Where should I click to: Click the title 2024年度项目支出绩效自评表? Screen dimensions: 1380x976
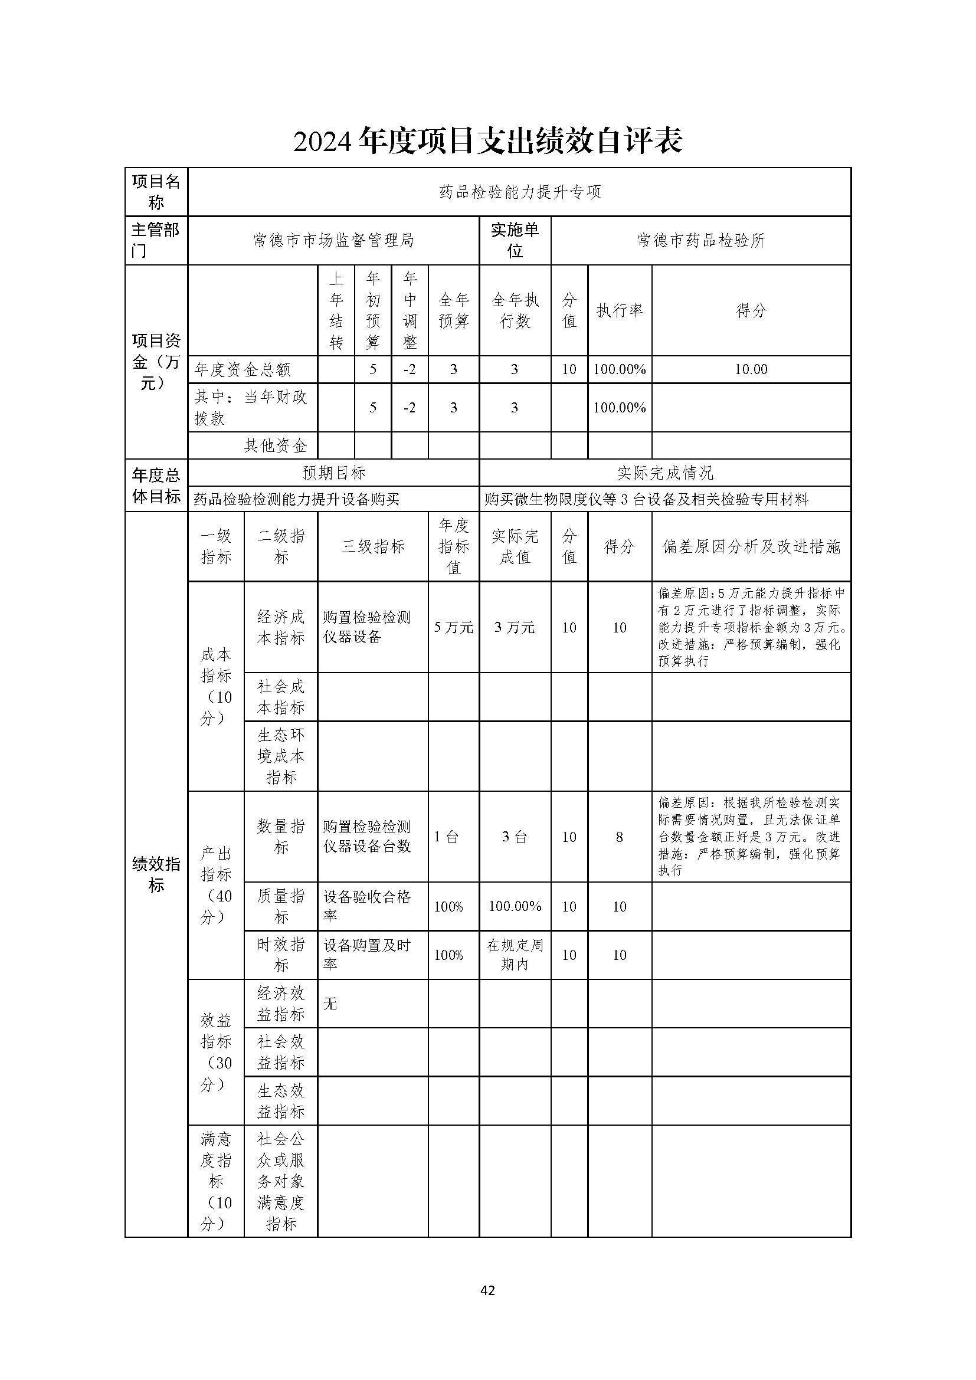pyautogui.click(x=487, y=142)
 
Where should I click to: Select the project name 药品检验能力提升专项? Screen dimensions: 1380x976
pyautogui.click(x=520, y=192)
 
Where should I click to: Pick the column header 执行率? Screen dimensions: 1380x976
pyautogui.click(x=620, y=311)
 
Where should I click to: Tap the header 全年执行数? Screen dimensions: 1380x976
pyautogui.click(x=515, y=311)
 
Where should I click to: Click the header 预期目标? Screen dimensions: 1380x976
pyautogui.click(x=333, y=473)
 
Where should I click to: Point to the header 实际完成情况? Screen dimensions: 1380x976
pyautogui.click(x=665, y=473)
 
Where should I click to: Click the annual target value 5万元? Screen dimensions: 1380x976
pyautogui.click(x=454, y=628)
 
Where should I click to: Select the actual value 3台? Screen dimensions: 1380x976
pyautogui.click(x=515, y=837)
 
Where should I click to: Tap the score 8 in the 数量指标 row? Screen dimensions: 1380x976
pyautogui.click(x=620, y=837)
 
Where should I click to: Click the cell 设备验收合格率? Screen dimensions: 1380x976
pyautogui.click(x=367, y=906)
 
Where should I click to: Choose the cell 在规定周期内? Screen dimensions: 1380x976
pyautogui.click(x=515, y=955)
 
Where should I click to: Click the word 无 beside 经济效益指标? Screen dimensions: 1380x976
pyautogui.click(x=330, y=1004)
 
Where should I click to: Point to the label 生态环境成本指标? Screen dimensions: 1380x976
pyautogui.click(x=281, y=756)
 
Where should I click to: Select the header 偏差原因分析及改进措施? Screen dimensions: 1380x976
pyautogui.click(x=751, y=547)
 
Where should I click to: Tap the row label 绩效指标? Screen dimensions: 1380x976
pyautogui.click(x=156, y=874)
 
